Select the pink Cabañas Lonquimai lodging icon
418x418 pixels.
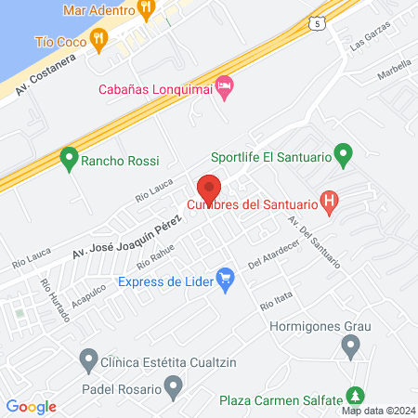click(225, 88)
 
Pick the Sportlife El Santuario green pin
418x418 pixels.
click(344, 153)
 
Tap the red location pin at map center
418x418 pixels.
click(209, 189)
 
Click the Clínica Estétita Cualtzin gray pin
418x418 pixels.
click(89, 358)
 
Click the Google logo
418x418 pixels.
click(31, 406)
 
